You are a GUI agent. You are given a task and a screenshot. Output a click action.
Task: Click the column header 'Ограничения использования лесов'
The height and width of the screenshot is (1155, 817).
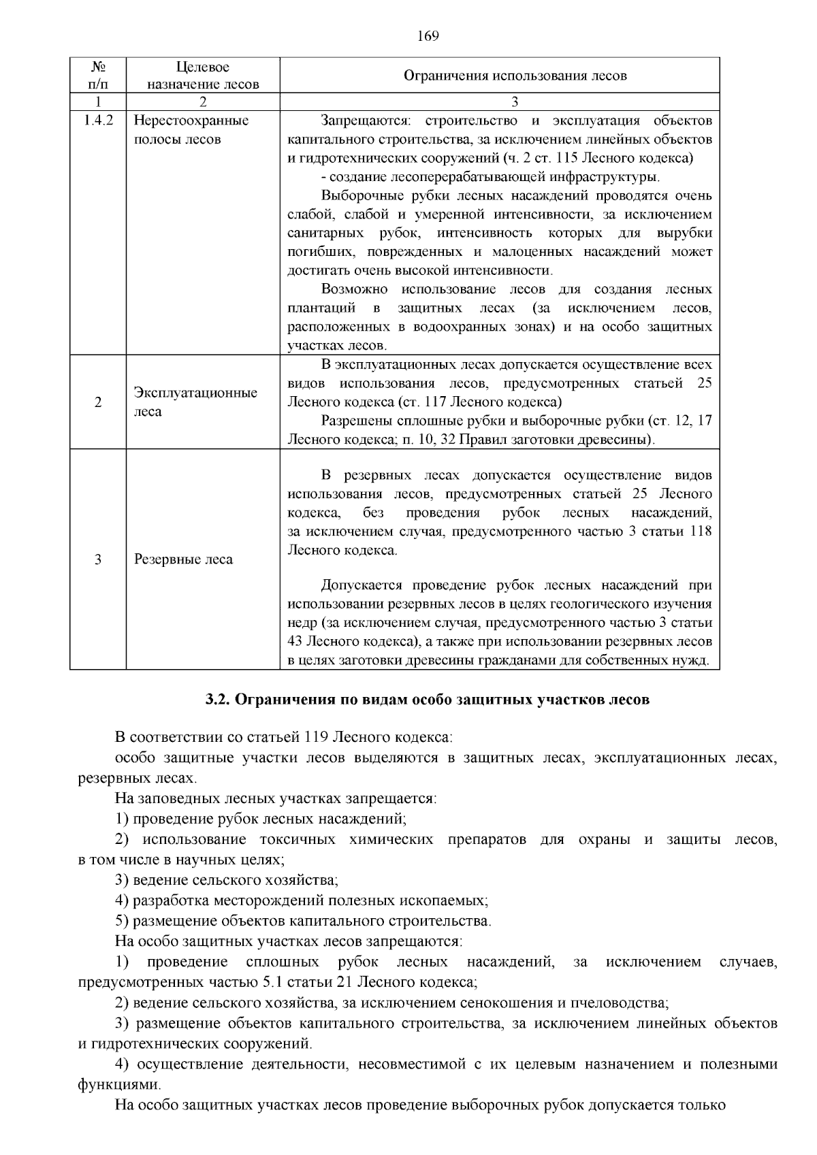click(515, 76)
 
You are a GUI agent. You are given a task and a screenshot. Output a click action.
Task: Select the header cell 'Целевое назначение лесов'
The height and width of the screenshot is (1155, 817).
click(203, 76)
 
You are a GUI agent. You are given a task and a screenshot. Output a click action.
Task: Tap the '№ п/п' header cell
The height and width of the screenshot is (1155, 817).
click(97, 76)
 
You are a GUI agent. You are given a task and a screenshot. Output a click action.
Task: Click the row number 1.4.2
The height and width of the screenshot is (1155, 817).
click(97, 121)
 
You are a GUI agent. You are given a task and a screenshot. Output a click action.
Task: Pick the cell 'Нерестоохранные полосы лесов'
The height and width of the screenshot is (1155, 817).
click(191, 130)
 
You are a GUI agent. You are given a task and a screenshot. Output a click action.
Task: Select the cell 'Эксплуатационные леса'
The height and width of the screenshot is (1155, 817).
click(195, 402)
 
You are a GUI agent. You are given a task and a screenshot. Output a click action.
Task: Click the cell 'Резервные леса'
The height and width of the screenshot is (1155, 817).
click(183, 559)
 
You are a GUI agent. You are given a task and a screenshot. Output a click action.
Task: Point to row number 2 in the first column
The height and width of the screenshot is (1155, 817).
click(97, 402)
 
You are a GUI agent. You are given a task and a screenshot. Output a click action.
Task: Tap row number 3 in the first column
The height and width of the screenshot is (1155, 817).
click(97, 559)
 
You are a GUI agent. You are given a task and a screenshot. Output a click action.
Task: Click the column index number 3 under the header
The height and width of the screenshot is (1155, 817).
click(515, 102)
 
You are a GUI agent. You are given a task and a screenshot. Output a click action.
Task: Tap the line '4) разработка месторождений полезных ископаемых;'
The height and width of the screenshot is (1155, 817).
click(302, 900)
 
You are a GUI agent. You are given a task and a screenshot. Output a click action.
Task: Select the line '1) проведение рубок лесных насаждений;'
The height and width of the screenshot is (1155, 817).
click(261, 819)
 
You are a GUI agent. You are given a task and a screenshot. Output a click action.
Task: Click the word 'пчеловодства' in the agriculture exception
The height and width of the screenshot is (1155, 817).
click(626, 1003)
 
